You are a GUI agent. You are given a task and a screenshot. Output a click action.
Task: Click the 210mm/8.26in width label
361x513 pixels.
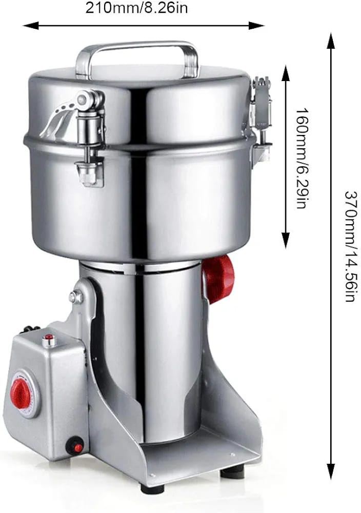[137, 8]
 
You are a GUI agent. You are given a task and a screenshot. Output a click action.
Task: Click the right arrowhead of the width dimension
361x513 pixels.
[256, 26]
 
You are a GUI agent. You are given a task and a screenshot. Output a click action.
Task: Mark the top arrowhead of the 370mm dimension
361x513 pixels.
[331, 41]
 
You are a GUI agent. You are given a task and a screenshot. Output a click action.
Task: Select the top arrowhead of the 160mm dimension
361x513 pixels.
[286, 73]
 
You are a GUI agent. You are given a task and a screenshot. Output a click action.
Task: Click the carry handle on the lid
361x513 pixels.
[137, 46]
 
